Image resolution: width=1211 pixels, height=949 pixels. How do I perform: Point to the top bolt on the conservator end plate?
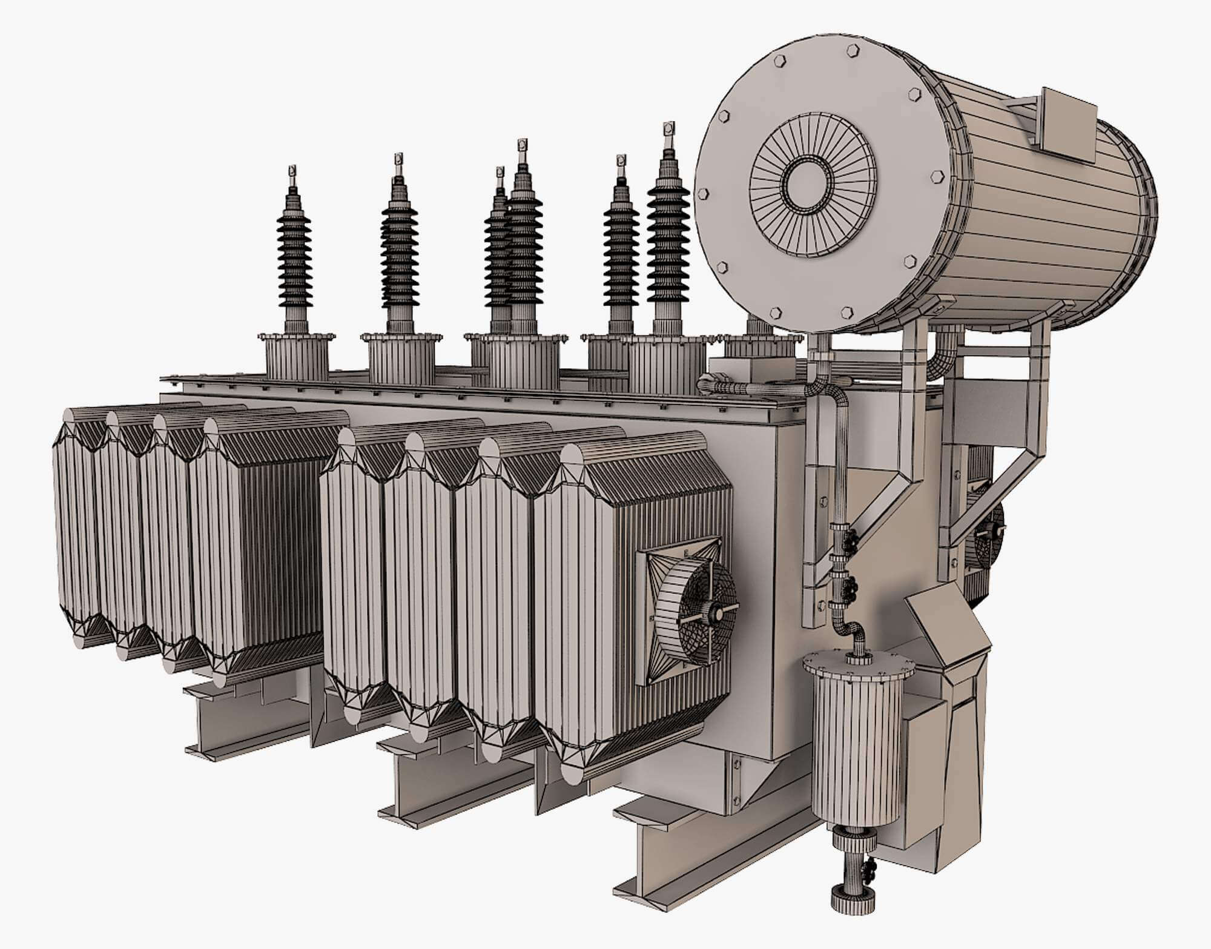[854, 50]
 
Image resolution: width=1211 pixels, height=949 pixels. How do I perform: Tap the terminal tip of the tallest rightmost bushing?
[668, 130]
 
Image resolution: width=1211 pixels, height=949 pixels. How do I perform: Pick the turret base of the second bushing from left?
[401, 359]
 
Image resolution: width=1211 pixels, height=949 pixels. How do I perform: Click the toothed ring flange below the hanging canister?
[854, 841]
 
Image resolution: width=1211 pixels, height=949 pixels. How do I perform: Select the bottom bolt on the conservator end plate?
[846, 312]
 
